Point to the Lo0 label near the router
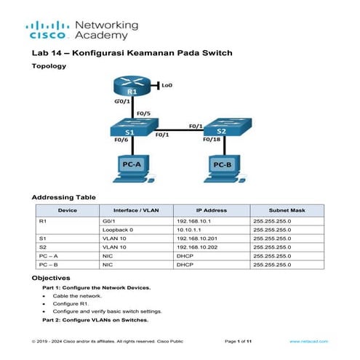click(167, 85)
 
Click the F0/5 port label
click(145, 113)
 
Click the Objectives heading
click(52, 278)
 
